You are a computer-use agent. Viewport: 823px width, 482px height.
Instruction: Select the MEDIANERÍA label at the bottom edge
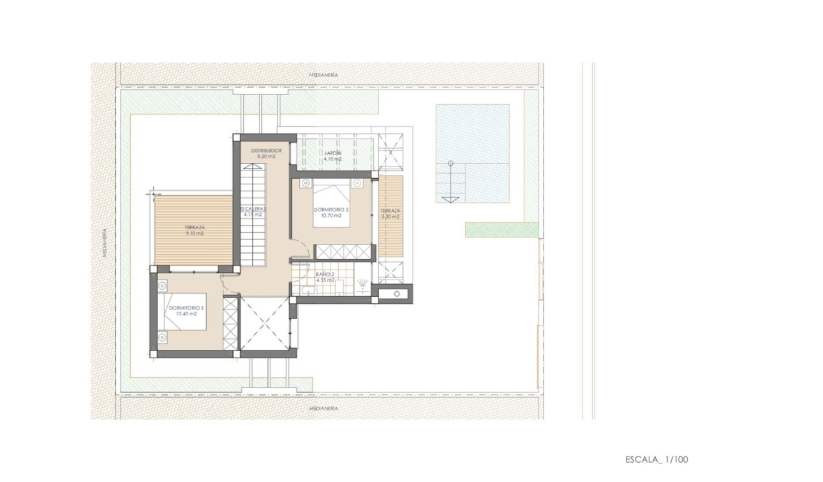coord(323,407)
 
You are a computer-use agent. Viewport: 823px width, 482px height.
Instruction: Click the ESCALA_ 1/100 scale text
coord(656,459)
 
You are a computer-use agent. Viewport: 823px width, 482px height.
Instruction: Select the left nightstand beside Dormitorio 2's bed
coord(305,183)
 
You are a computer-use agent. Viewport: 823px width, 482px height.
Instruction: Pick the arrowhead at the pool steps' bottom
coord(450,200)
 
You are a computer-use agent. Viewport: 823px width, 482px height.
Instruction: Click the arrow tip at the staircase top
coord(253,165)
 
